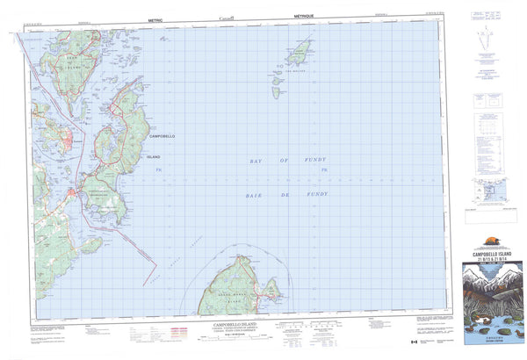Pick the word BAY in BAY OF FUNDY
coord(256,162)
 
